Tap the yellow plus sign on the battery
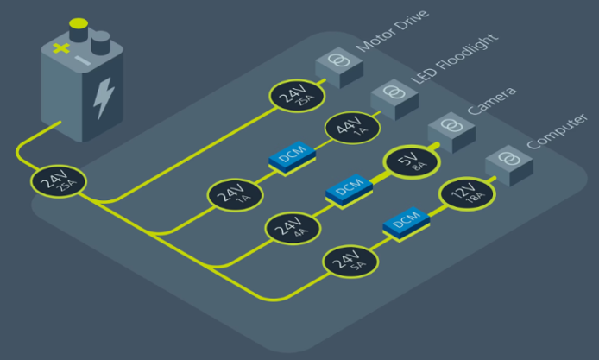(60, 48)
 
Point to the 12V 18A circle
(464, 196)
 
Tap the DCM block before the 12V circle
(405, 223)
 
